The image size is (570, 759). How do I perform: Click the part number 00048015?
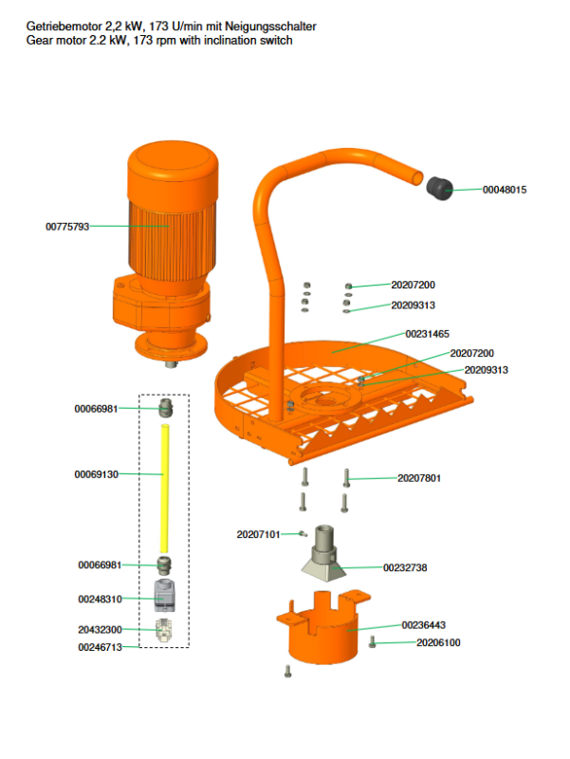(505, 190)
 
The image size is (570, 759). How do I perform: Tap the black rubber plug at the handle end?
(438, 188)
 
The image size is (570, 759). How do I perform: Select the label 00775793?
(67, 227)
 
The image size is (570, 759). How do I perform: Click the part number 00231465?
(427, 334)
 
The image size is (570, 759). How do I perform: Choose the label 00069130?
(97, 473)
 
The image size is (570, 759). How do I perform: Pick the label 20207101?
(258, 535)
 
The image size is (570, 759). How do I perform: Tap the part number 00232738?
(405, 567)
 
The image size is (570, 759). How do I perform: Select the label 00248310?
(100, 600)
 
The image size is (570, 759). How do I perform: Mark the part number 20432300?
(100, 629)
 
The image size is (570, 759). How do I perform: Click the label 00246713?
(100, 647)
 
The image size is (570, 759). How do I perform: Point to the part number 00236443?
(423, 625)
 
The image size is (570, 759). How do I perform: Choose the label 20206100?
(439, 642)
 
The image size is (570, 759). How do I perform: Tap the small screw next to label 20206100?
(372, 643)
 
